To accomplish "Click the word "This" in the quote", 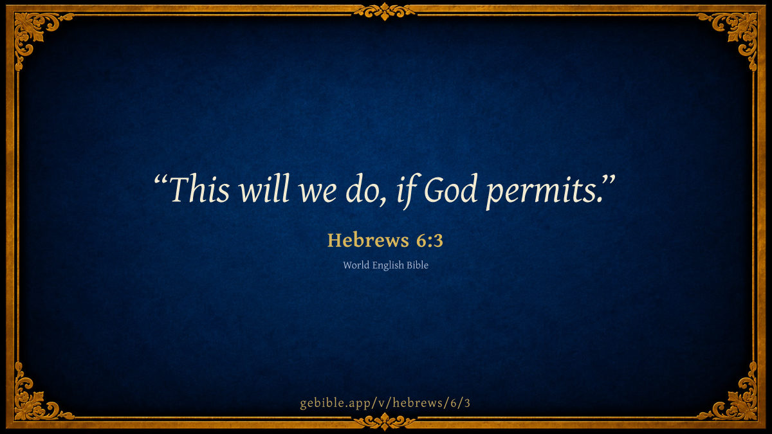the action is [199, 188].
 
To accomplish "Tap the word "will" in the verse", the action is [264, 188].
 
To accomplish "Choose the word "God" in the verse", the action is [451, 188].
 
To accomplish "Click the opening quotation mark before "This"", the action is [161, 180].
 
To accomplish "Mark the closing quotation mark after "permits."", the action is [609, 180].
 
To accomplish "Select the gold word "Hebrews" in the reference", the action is [367, 240].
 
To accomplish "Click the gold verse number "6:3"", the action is [430, 240].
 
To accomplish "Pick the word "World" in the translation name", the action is [356, 265].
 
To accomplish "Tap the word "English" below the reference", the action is [388, 266].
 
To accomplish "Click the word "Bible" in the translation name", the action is [418, 265].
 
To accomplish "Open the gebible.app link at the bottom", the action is [385, 403].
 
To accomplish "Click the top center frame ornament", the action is [385, 12].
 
